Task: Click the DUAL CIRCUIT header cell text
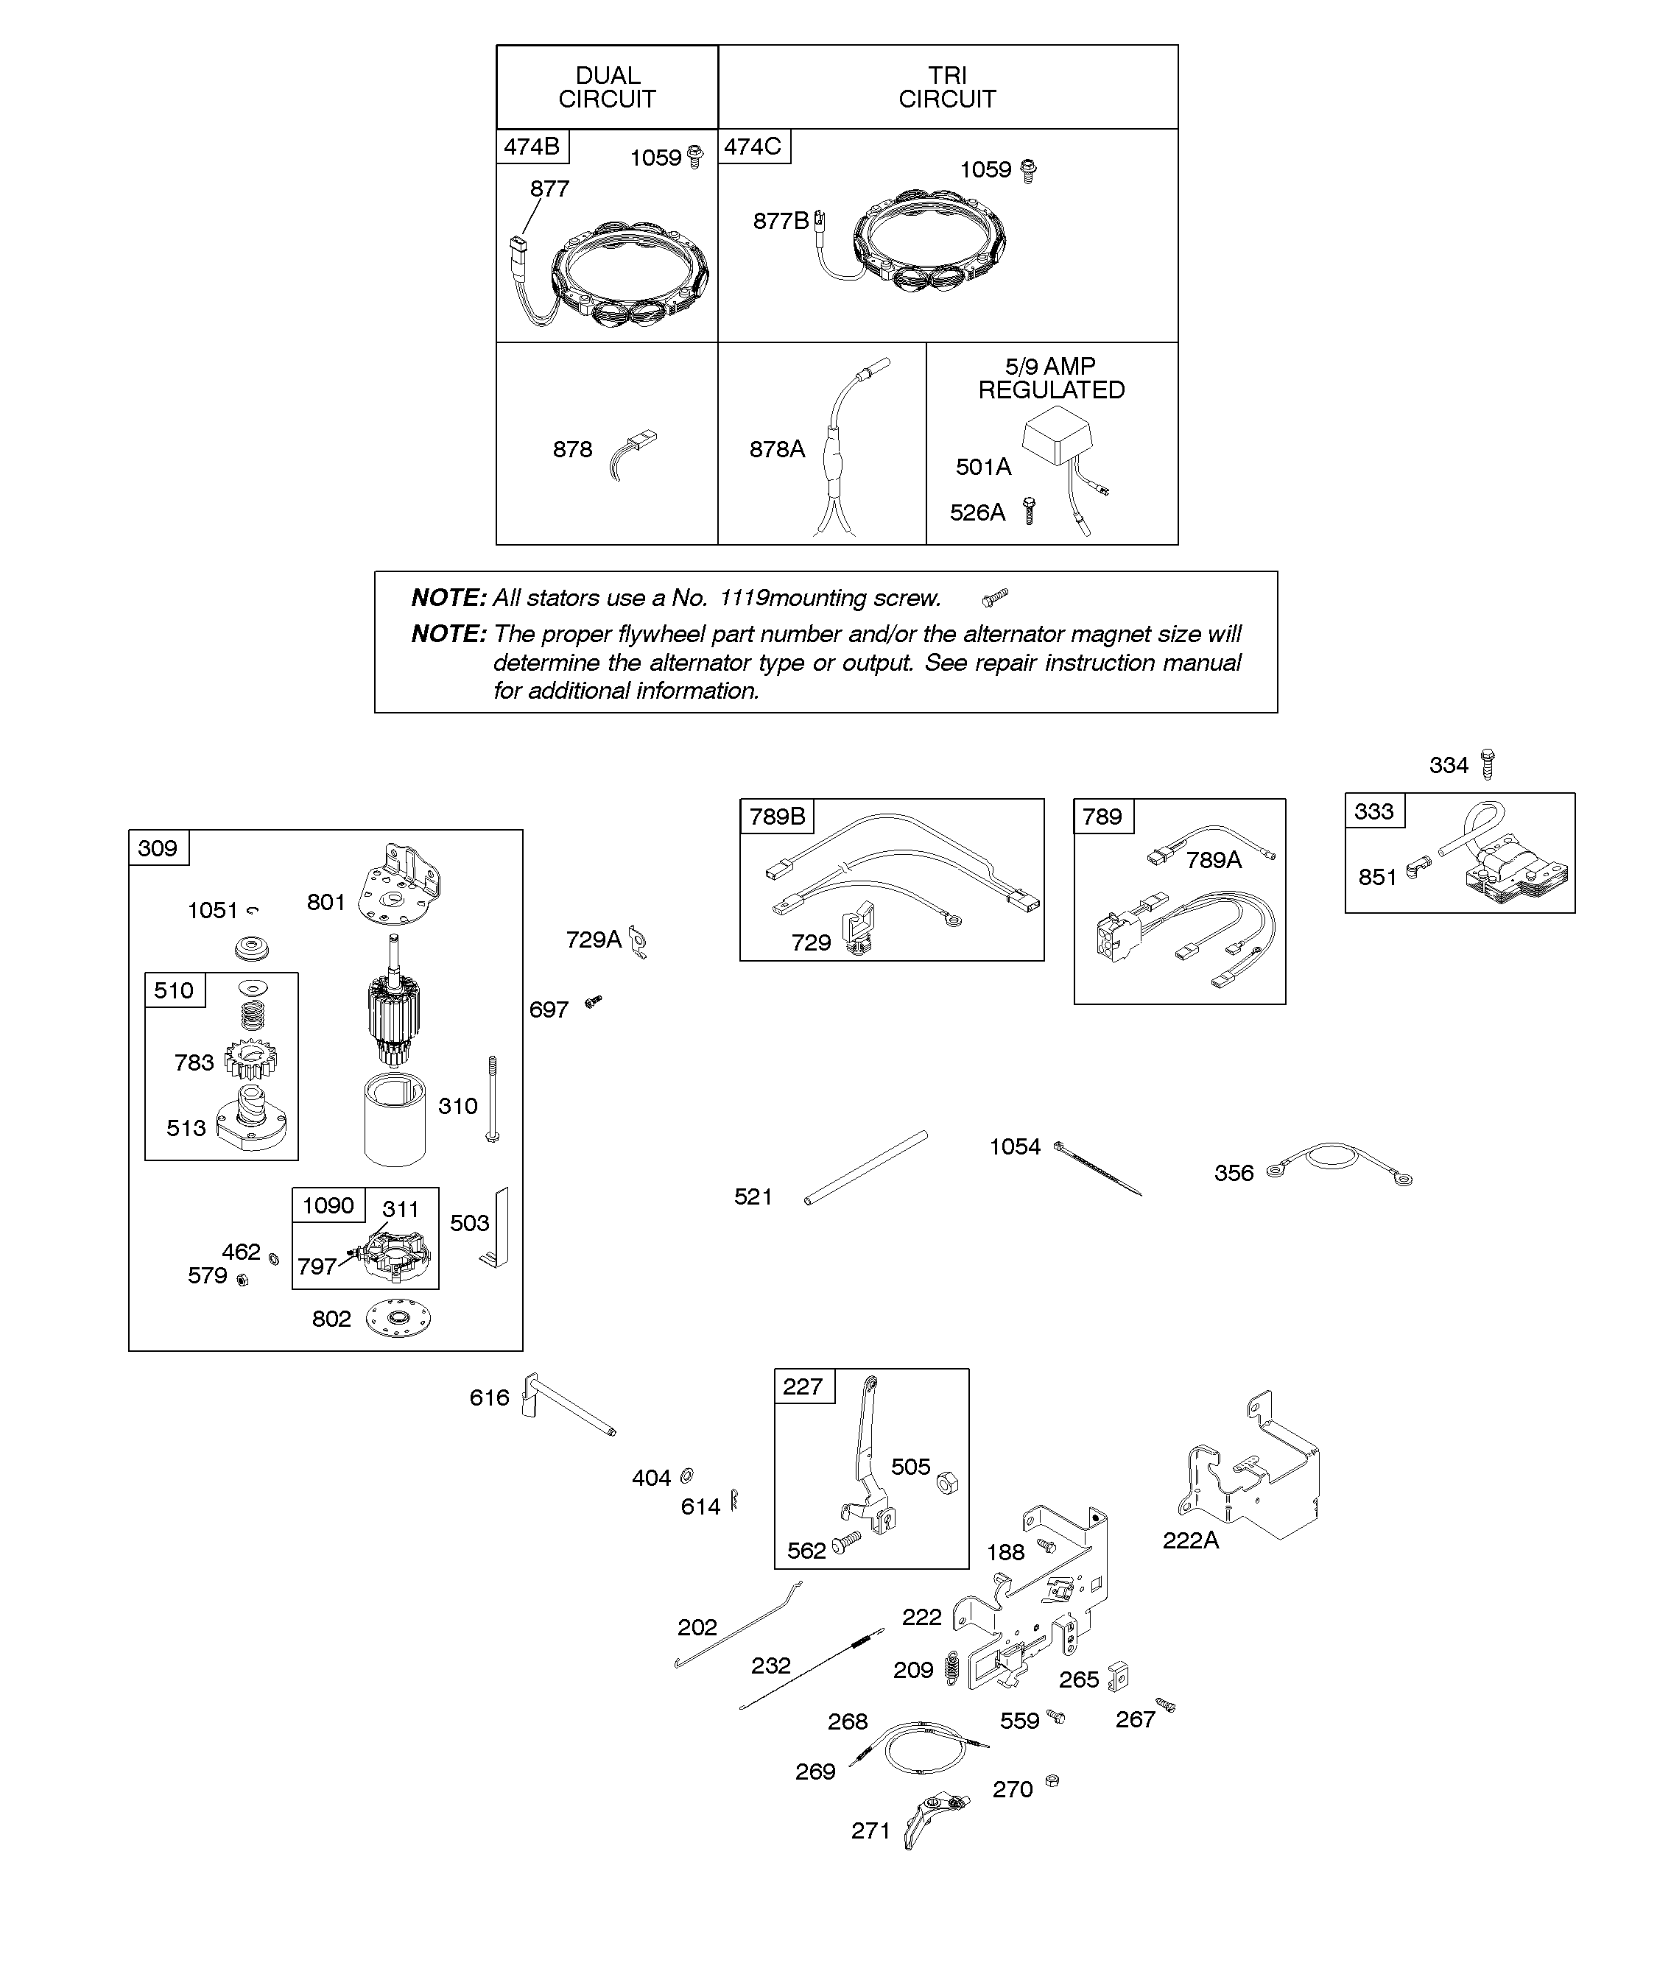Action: (x=607, y=87)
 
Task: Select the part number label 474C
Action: (x=753, y=147)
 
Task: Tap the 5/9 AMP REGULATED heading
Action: (x=1051, y=378)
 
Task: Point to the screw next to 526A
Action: (x=1030, y=511)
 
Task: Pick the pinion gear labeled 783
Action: (x=252, y=1060)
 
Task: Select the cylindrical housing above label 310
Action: (x=395, y=1123)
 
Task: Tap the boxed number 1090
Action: (x=328, y=1205)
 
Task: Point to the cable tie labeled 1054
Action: (x=1097, y=1169)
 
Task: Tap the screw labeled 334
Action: (x=1488, y=763)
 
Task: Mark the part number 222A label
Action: (x=1190, y=1540)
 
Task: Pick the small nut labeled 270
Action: (x=1051, y=1780)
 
